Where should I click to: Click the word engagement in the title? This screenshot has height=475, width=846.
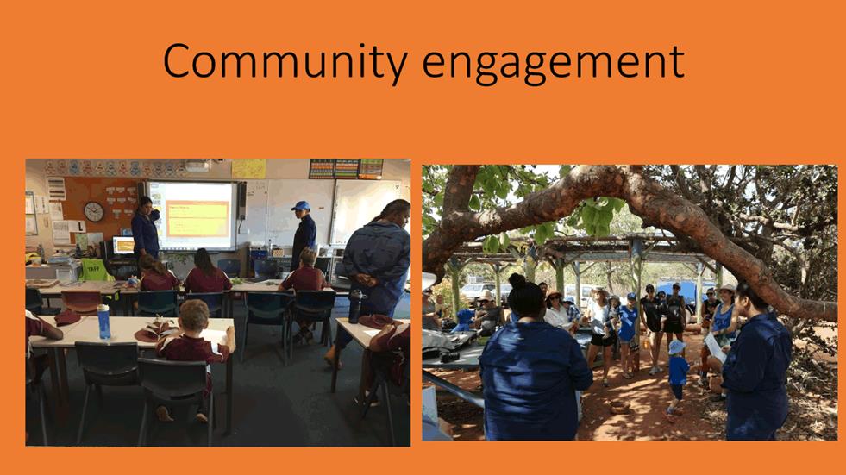553,65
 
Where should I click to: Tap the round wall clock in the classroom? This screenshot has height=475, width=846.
94,211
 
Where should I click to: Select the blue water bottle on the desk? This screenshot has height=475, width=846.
103,322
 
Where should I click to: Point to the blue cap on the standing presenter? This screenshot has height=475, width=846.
300,206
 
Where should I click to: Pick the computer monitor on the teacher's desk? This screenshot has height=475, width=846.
123,246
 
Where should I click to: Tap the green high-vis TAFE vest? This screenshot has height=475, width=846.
96,270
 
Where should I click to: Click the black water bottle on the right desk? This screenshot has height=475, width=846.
355,306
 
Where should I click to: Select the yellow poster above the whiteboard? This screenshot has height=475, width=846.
248,169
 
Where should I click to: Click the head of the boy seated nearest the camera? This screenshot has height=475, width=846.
194,316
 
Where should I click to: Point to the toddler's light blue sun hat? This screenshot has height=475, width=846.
676,347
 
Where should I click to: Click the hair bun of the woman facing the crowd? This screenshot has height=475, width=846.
517,280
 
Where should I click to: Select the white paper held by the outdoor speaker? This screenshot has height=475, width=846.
716,347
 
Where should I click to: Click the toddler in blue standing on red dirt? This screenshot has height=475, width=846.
677,376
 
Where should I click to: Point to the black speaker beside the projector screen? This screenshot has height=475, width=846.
241,200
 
